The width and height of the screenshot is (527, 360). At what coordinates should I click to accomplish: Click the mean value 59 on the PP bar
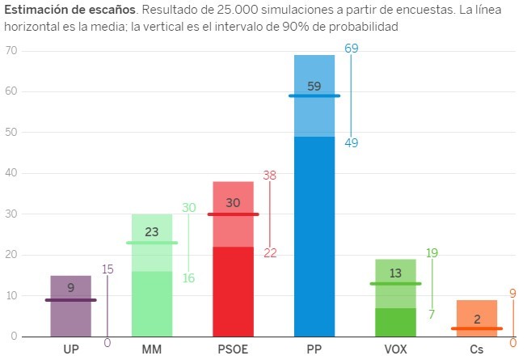pyautogui.click(x=314, y=86)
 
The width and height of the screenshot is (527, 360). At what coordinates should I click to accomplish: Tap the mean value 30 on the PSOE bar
pyautogui.click(x=233, y=204)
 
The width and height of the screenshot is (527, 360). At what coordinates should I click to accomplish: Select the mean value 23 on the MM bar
pyautogui.click(x=152, y=232)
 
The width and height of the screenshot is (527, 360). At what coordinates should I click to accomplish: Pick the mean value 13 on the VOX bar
pyautogui.click(x=395, y=273)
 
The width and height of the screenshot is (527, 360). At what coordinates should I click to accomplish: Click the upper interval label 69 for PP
pyautogui.click(x=352, y=49)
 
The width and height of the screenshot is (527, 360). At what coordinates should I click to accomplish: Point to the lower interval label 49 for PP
pyautogui.click(x=352, y=143)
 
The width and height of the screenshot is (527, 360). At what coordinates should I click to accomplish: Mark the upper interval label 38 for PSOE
pyautogui.click(x=270, y=176)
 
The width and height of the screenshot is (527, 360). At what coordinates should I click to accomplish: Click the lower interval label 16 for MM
pyautogui.click(x=189, y=278)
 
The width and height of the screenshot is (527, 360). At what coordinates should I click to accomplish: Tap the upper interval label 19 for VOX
pyautogui.click(x=432, y=253)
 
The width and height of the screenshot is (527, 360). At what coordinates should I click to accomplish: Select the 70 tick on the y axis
pyautogui.click(x=11, y=51)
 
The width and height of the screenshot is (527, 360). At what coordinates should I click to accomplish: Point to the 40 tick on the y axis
pyautogui.click(x=11, y=173)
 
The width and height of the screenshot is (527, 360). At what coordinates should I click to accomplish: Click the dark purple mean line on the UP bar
pyautogui.click(x=71, y=300)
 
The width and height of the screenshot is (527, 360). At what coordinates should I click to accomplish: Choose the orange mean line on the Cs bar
pyautogui.click(x=477, y=328)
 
